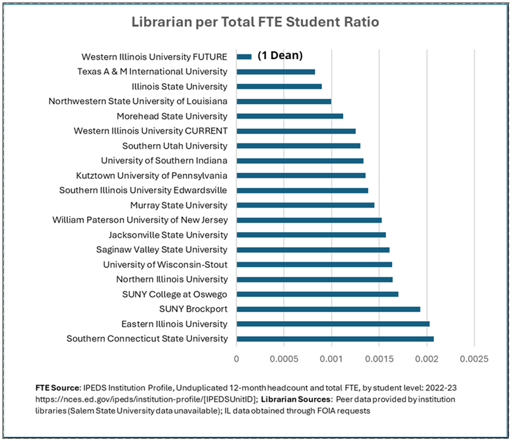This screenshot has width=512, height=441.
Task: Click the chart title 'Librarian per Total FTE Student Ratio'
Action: (256, 22)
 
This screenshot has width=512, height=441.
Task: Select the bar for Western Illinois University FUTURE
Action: (244, 56)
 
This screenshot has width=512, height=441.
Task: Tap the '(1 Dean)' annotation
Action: (280, 56)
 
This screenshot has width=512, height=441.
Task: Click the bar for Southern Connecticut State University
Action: (335, 339)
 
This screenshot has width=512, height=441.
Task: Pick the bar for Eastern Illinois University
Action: (333, 324)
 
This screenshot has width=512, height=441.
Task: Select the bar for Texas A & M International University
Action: (276, 71)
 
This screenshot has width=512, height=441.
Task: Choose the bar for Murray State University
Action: (305, 205)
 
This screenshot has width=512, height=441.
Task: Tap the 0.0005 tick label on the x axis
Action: (284, 359)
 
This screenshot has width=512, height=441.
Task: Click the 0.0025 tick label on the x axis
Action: (474, 359)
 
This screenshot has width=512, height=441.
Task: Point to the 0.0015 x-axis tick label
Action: (379, 359)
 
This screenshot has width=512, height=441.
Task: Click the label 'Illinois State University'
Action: (180, 86)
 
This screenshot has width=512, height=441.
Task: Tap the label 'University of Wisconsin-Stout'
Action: (165, 265)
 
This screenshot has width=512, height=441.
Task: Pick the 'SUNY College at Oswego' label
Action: (174, 294)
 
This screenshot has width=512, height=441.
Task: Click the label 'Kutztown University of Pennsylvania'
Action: (151, 176)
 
